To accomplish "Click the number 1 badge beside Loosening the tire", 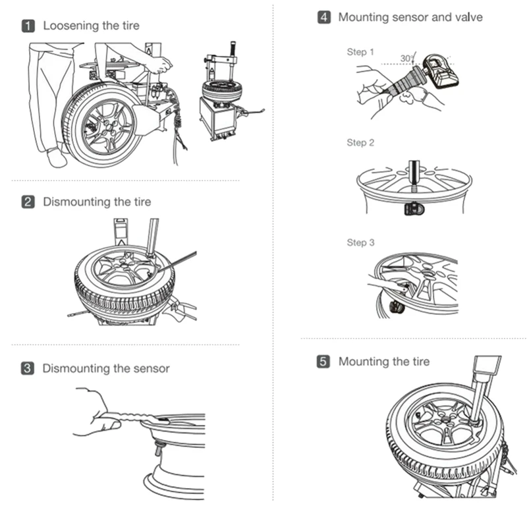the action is [28, 26].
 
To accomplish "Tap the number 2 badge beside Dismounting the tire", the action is [28, 202].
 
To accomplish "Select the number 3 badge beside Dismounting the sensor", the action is [28, 368].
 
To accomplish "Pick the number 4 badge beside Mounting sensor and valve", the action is [324, 17].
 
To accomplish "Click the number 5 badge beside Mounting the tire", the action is [323, 362].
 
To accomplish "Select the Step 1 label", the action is [360, 52].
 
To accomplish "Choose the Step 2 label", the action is [360, 143].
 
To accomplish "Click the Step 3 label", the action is [360, 242].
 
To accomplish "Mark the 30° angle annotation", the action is [407, 59].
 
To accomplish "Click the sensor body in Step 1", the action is [441, 70].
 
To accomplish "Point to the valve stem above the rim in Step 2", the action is [414, 176].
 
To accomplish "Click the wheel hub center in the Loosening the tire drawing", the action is [108, 126].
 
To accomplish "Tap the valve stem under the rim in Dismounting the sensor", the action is [157, 449].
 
